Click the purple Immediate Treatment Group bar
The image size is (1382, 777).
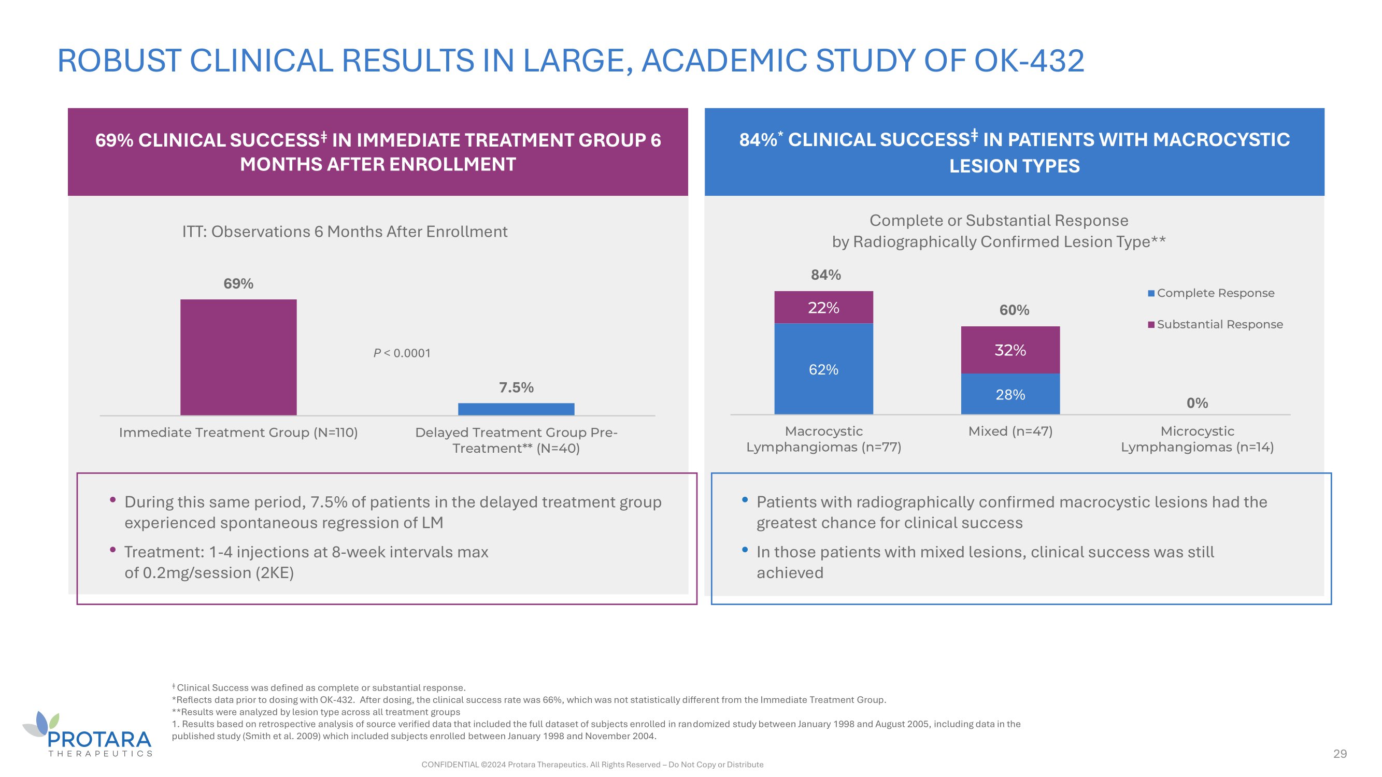point(238,357)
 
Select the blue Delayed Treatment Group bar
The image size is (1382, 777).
point(516,409)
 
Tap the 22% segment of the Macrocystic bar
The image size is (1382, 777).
point(823,307)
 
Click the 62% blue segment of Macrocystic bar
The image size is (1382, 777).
point(823,369)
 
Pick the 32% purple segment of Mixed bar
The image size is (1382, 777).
point(1010,350)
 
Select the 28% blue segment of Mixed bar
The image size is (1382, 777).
point(1010,394)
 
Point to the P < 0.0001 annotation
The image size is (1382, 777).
point(402,353)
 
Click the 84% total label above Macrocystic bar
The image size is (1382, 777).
point(825,275)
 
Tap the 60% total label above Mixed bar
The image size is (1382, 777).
point(1014,310)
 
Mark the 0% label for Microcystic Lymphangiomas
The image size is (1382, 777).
point(1197,402)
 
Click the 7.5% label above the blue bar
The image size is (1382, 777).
point(516,387)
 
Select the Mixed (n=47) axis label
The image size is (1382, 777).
point(1010,431)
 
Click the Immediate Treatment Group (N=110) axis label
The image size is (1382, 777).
point(238,432)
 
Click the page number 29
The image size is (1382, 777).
point(1340,753)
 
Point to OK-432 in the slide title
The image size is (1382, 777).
point(1029,61)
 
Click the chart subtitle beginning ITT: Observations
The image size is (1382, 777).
point(345,232)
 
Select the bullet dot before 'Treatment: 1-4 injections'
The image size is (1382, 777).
point(112,550)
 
